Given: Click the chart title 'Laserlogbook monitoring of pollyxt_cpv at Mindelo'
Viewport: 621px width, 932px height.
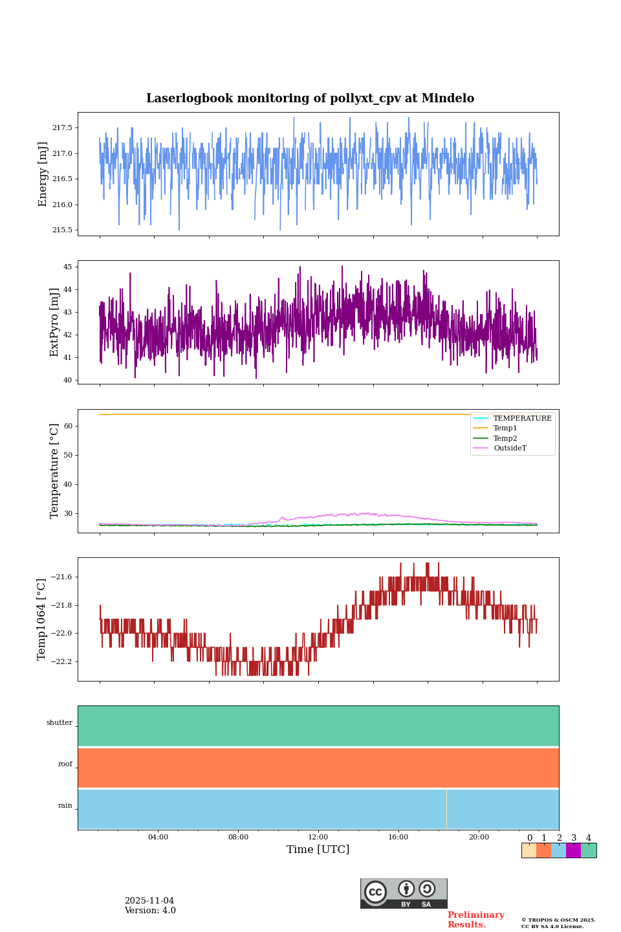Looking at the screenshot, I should [x=310, y=98].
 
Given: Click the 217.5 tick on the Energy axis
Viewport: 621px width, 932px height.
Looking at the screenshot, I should [x=62, y=128].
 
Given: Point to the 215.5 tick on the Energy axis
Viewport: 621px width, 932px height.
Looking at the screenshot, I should [x=62, y=230].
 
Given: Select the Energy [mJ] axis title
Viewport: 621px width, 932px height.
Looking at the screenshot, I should [x=43, y=174].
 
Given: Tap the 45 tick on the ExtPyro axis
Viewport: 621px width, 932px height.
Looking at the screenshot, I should [x=68, y=267].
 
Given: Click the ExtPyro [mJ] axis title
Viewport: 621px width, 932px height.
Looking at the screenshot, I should [x=54, y=322].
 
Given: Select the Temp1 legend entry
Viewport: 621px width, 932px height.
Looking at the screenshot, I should [x=505, y=428].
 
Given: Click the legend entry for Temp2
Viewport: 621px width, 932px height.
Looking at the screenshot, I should [x=505, y=438].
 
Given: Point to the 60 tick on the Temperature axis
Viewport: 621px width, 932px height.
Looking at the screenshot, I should [x=68, y=427].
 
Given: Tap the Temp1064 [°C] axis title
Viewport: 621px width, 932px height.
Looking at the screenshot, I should [x=42, y=619].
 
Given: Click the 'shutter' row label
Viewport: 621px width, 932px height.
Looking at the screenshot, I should [x=60, y=723].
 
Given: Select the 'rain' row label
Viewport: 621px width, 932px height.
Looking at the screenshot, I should [x=65, y=806].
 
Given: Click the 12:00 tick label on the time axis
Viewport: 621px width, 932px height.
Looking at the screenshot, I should [x=318, y=838].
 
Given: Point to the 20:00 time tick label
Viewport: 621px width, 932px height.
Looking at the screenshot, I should [x=479, y=838].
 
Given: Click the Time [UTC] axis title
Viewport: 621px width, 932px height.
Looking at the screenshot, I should [x=318, y=850].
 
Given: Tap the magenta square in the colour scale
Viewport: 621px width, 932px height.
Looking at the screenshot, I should [x=573, y=850].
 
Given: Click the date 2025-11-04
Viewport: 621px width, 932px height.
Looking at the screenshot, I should [x=149, y=901].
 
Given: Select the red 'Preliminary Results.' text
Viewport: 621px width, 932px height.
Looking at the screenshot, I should [x=475, y=920].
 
